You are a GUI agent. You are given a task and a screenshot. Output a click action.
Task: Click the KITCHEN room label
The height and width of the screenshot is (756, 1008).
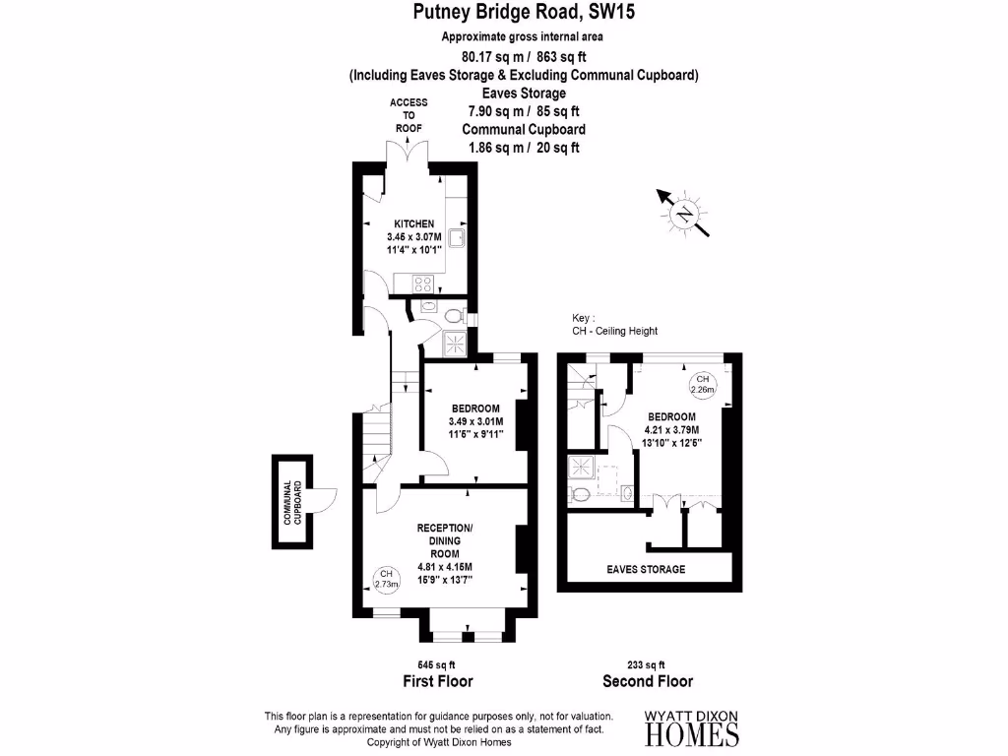pyautogui.click(x=413, y=224)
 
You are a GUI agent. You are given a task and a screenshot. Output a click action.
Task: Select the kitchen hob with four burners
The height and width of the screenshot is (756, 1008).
pyautogui.click(x=424, y=283)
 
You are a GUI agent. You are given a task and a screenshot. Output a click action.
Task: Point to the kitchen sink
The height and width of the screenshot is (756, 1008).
pyautogui.click(x=459, y=239)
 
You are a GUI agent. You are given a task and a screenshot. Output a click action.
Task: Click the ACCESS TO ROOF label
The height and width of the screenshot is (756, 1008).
pyautogui.click(x=408, y=115)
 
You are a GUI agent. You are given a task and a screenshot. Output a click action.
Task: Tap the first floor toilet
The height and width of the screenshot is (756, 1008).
pyautogui.click(x=453, y=317)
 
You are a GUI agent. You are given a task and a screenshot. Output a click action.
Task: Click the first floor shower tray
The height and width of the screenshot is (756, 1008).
pyautogui.click(x=457, y=344)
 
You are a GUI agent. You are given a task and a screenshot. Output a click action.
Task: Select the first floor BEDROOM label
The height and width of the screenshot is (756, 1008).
pyautogui.click(x=475, y=409)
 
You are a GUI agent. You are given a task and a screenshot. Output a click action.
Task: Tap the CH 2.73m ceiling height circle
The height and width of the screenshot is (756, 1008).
pyautogui.click(x=387, y=579)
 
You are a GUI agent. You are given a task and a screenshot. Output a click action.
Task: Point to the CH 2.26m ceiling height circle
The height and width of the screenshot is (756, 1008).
pyautogui.click(x=702, y=384)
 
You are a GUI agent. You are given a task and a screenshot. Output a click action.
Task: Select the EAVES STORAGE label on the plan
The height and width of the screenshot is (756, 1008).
pyautogui.click(x=646, y=569)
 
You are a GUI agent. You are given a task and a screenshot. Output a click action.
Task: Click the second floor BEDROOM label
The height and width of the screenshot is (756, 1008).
pyautogui.click(x=671, y=415)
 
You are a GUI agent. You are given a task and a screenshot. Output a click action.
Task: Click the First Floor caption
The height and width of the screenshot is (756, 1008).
pyautogui.click(x=438, y=681)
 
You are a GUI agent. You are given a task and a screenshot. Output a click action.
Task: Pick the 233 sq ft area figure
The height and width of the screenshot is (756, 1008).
pyautogui.click(x=647, y=664)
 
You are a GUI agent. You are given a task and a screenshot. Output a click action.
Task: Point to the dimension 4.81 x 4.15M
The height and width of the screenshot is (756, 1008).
pyautogui.click(x=445, y=566)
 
